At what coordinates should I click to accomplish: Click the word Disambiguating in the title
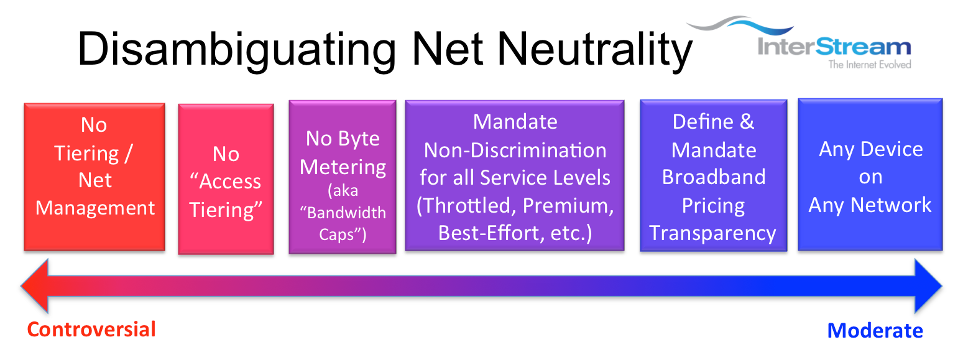tap(236, 51)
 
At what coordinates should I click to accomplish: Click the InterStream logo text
tap(834, 47)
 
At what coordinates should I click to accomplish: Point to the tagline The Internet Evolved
tap(870, 65)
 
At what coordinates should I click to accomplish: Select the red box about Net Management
tap(94, 177)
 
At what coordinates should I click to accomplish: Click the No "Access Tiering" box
tap(226, 179)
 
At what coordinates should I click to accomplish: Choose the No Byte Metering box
tap(343, 177)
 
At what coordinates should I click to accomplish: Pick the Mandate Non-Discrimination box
tap(515, 175)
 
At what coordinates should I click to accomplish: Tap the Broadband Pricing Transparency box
tap(714, 175)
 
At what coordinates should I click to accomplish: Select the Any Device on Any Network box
tap(870, 175)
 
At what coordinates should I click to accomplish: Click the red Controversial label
tap(91, 330)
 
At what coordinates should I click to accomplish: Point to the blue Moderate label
tap(875, 331)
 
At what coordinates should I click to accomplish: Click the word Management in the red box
tap(95, 209)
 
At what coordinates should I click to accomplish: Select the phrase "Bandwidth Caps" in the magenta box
tap(343, 223)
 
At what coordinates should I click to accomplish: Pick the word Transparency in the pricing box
tap(713, 234)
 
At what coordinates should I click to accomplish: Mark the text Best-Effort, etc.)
tap(515, 233)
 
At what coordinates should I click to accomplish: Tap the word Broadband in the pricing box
tap(714, 177)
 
